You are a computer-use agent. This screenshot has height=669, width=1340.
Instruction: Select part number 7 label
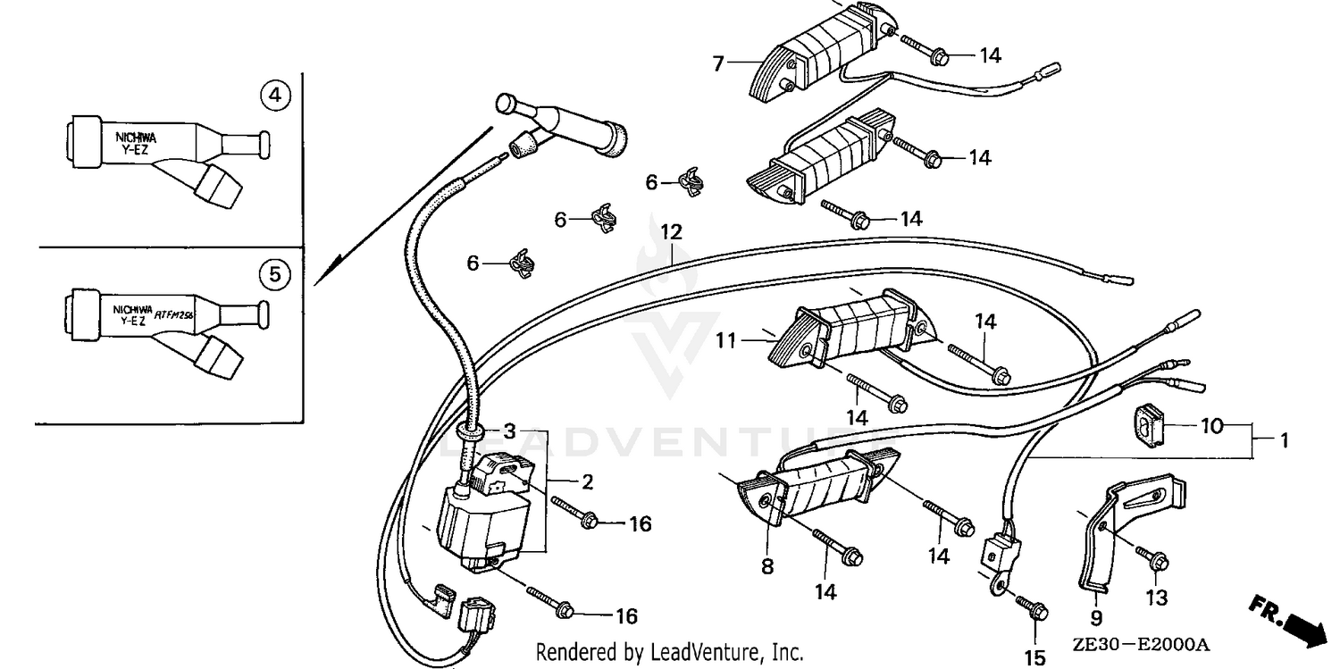(x=717, y=63)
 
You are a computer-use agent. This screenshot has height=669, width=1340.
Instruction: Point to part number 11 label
(x=724, y=339)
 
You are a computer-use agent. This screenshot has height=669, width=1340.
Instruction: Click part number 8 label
(x=767, y=566)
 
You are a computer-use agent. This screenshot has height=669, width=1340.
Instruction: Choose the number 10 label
(x=1210, y=426)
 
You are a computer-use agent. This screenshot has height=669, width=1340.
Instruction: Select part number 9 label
(x=1096, y=616)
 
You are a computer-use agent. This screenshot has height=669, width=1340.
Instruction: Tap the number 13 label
(x=1157, y=598)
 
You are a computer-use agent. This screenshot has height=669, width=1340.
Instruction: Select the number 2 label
(x=587, y=482)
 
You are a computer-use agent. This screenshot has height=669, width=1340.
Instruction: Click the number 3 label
(x=508, y=431)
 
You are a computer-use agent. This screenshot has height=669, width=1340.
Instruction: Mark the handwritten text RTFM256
(x=175, y=314)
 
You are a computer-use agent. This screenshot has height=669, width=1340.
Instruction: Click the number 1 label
(x=1284, y=439)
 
